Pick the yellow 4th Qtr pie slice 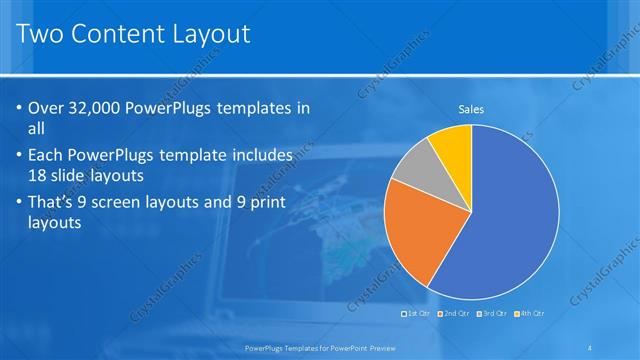click(451, 144)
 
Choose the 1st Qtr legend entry click(418, 314)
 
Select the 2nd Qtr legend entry click(454, 314)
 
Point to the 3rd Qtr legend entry click(492, 314)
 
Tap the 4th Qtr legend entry click(530, 314)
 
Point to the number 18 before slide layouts click(40, 174)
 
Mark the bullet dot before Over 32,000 click(19, 108)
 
